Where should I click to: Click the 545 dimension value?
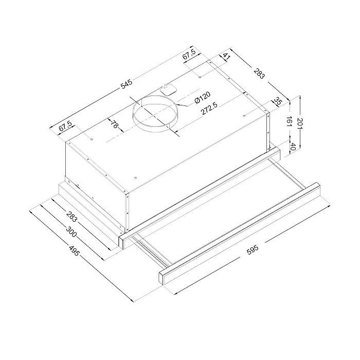tap(127, 84)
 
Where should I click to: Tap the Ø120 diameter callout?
tap(202, 98)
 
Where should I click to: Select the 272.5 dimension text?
tap(210, 108)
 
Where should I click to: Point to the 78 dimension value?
tap(114, 124)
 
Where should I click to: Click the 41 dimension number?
tap(227, 57)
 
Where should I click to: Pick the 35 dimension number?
tap(278, 101)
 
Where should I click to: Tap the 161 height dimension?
tap(289, 121)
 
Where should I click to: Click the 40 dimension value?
tap(293, 147)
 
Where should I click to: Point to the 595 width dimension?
tap(253, 250)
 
